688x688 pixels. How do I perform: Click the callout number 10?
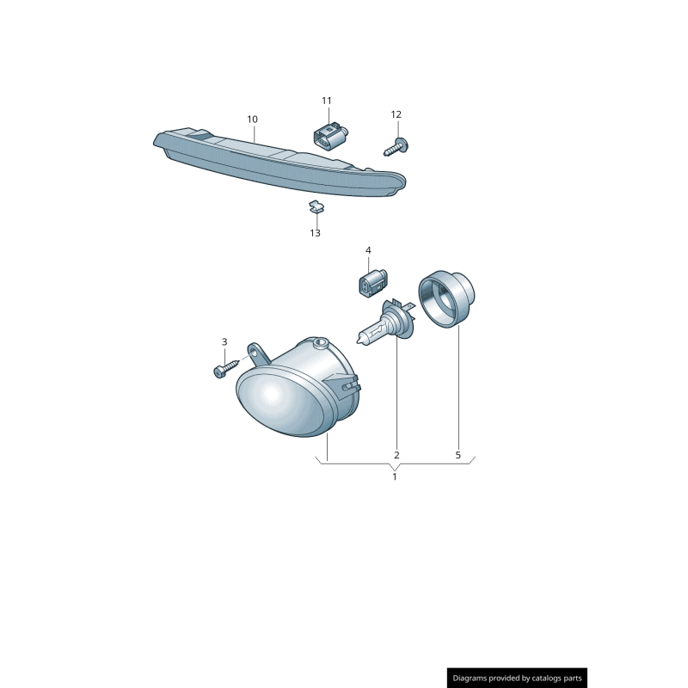click(x=252, y=120)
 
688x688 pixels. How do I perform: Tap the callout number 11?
click(x=327, y=101)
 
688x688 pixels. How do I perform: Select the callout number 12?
click(x=396, y=114)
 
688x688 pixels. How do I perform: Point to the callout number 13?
click(x=315, y=233)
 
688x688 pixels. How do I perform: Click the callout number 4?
click(x=368, y=250)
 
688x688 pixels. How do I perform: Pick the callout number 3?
click(x=224, y=341)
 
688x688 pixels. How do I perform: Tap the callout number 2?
click(x=396, y=455)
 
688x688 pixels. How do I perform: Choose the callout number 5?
click(x=458, y=455)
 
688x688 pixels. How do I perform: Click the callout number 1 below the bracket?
click(x=395, y=476)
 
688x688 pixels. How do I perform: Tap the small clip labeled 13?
click(x=315, y=206)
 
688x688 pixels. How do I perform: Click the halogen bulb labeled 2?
click(x=384, y=322)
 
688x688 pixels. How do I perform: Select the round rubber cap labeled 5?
click(x=446, y=298)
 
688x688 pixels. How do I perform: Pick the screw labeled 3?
click(x=226, y=366)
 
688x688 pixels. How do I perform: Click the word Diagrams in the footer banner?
click(x=469, y=678)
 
